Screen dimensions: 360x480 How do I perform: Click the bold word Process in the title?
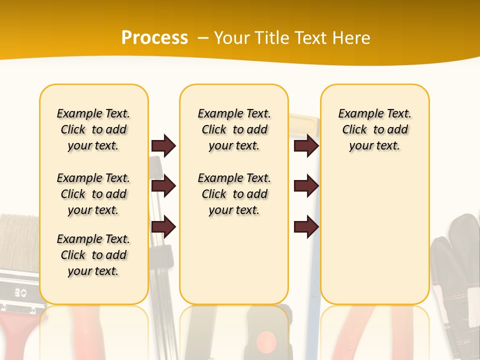pos(154,37)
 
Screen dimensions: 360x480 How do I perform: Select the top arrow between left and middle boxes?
pos(163,145)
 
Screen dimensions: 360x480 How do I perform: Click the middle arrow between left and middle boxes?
pos(163,186)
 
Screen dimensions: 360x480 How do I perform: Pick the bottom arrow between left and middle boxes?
pos(163,227)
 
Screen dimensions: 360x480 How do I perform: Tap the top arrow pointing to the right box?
pos(306,145)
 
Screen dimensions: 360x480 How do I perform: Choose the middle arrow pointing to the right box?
pos(306,186)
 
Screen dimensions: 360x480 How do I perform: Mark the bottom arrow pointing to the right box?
pos(306,227)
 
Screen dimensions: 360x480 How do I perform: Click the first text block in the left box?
pos(93,129)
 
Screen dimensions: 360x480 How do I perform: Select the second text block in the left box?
pos(93,194)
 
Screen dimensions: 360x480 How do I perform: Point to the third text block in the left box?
pos(93,255)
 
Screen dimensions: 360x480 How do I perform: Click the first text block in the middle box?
pos(234,129)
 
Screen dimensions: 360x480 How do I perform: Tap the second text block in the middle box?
pos(234,194)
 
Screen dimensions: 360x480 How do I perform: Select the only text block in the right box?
pos(374,129)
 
